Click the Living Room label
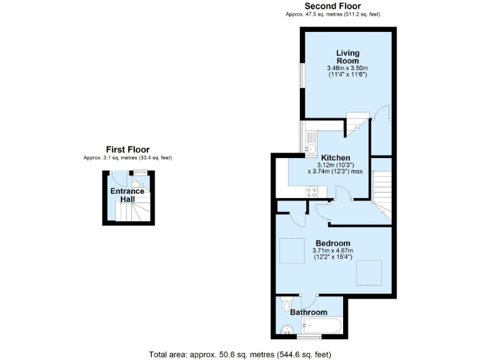pos(347,57)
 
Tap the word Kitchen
pos(335,157)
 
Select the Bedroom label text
pos(332,243)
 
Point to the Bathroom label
pos(308,312)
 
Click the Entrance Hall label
pos(127,195)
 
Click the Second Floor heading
pos(332,6)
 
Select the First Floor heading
pos(127,149)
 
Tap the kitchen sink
pos(311,148)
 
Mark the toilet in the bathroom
pos(287,305)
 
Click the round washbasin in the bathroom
pos(287,328)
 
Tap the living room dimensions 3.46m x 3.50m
pos(347,67)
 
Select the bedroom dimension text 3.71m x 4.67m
pos(333,251)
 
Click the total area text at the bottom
pos(240,354)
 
